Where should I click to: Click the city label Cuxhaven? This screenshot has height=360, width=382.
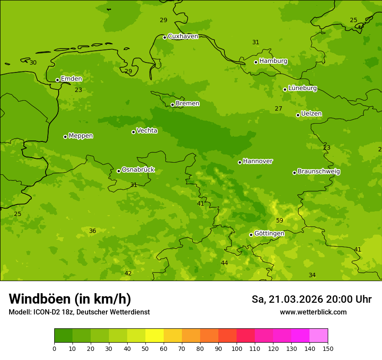(183, 36)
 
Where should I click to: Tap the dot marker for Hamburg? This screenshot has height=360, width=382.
(256, 62)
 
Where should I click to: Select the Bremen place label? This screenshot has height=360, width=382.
(188, 104)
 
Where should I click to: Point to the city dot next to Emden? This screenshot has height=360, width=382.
(57, 80)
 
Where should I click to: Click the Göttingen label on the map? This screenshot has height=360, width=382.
(269, 233)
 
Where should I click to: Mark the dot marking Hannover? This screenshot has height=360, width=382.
(240, 162)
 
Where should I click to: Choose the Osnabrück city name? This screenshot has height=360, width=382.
(138, 170)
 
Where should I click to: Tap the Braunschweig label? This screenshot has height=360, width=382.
(319, 172)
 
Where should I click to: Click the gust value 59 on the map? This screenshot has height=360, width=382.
(280, 221)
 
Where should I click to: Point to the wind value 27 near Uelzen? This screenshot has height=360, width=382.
(279, 109)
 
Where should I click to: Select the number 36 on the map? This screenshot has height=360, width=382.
(92, 231)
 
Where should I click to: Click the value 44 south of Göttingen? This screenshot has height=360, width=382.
(224, 263)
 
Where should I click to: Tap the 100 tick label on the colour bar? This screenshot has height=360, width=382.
(237, 348)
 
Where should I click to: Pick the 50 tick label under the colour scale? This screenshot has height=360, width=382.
(145, 348)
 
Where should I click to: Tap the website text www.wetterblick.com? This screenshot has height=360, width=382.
(313, 312)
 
